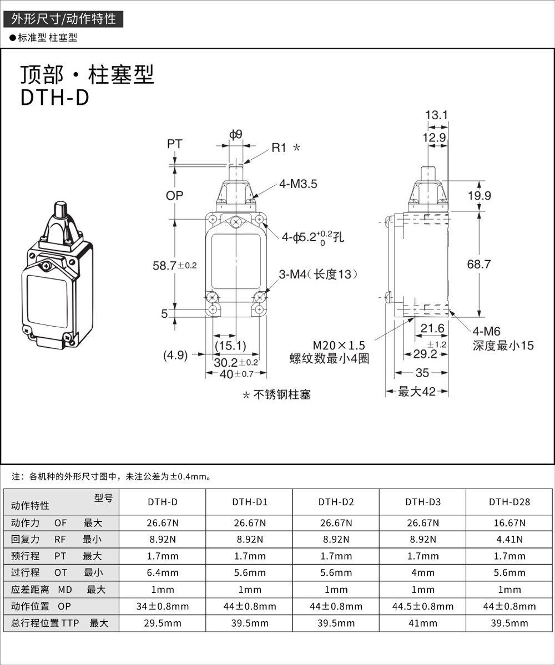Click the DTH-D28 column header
pyautogui.click(x=509, y=502)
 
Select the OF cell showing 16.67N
pyautogui.click(x=509, y=522)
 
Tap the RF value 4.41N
pyautogui.click(x=509, y=539)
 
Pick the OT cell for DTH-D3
pyautogui.click(x=423, y=572)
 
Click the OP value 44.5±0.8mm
pyautogui.click(x=423, y=606)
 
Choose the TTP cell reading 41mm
pyautogui.click(x=423, y=623)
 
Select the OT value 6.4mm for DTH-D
pyautogui.click(x=163, y=572)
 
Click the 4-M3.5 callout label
pyautogui.click(x=299, y=184)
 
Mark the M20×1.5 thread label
pyautogui.click(x=329, y=345)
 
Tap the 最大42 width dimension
pyautogui.click(x=417, y=392)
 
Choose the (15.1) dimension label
pyautogui.click(x=230, y=346)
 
